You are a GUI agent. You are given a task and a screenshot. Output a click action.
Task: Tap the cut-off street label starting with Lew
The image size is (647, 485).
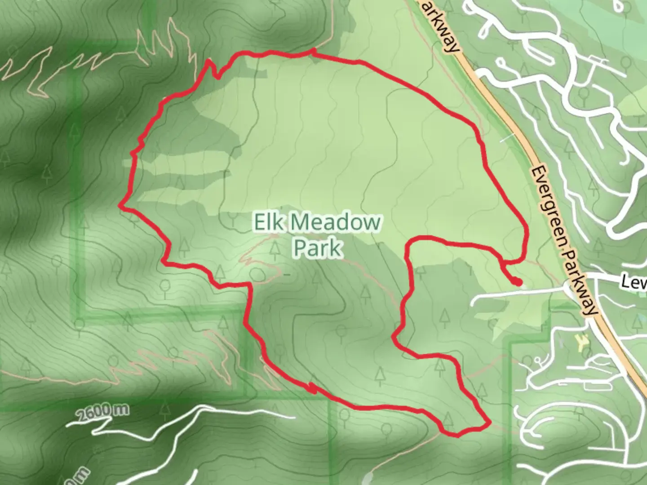pyautogui.click(x=634, y=282)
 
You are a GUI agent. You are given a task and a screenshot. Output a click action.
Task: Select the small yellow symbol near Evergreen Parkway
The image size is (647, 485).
pyautogui.click(x=581, y=344)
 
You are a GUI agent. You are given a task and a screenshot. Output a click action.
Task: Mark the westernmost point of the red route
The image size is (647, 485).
pyautogui.click(x=120, y=206)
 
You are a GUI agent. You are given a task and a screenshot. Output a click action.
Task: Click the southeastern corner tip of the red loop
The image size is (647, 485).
pyautogui.click(x=488, y=423)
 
